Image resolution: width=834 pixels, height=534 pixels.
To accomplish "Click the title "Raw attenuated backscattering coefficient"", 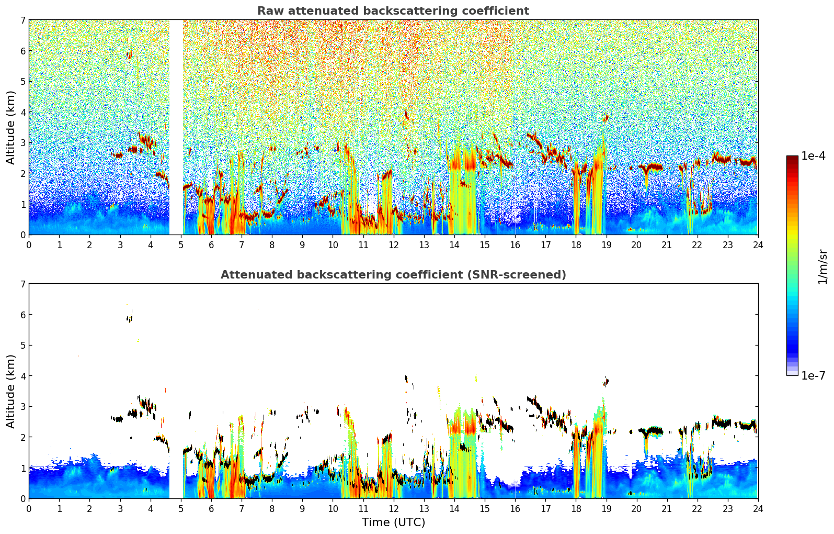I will click(x=393, y=11).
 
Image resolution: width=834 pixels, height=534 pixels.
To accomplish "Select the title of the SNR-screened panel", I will click(x=393, y=275).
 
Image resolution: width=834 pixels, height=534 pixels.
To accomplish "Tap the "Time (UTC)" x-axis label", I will click(x=393, y=522).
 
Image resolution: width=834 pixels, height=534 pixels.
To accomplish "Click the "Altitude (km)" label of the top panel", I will click(x=10, y=127).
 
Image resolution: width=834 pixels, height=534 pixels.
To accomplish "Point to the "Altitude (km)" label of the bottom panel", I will click(x=10, y=391).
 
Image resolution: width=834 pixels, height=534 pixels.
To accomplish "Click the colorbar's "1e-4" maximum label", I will click(x=813, y=156).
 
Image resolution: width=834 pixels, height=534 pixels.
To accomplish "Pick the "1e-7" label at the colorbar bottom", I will click(x=813, y=375).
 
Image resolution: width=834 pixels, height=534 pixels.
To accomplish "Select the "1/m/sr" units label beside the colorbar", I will click(x=822, y=267).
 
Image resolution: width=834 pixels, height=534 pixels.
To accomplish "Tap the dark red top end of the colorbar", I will click(x=792, y=158).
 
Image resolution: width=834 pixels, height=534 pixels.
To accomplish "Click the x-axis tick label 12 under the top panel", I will click(x=393, y=244).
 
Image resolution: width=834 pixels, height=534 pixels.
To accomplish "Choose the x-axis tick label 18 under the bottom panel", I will click(x=576, y=508).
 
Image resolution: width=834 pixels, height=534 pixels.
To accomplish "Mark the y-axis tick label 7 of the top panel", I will click(x=22, y=20).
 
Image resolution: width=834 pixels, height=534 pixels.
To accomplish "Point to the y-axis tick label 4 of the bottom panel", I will click(x=22, y=376).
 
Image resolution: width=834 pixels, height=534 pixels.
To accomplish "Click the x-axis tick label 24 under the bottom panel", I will click(x=758, y=508).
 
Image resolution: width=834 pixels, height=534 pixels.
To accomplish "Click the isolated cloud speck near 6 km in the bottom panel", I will click(x=130, y=317).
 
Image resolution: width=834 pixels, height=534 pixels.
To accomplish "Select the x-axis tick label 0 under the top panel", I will click(x=29, y=244).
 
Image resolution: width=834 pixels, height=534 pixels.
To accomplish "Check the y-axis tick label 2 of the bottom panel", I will click(x=22, y=437).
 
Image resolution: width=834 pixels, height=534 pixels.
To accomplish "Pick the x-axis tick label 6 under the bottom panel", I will click(x=211, y=508).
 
